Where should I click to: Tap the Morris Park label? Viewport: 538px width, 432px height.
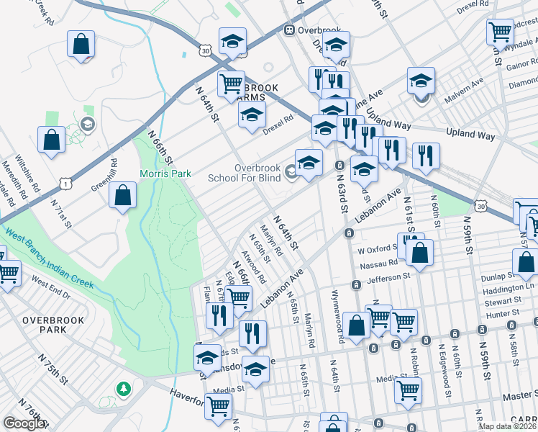tap(165, 174)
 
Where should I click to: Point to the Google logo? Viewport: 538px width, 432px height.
tap(24, 423)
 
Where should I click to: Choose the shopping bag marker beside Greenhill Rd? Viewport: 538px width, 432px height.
tap(123, 195)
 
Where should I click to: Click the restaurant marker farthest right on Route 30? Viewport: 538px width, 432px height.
tap(426, 154)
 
